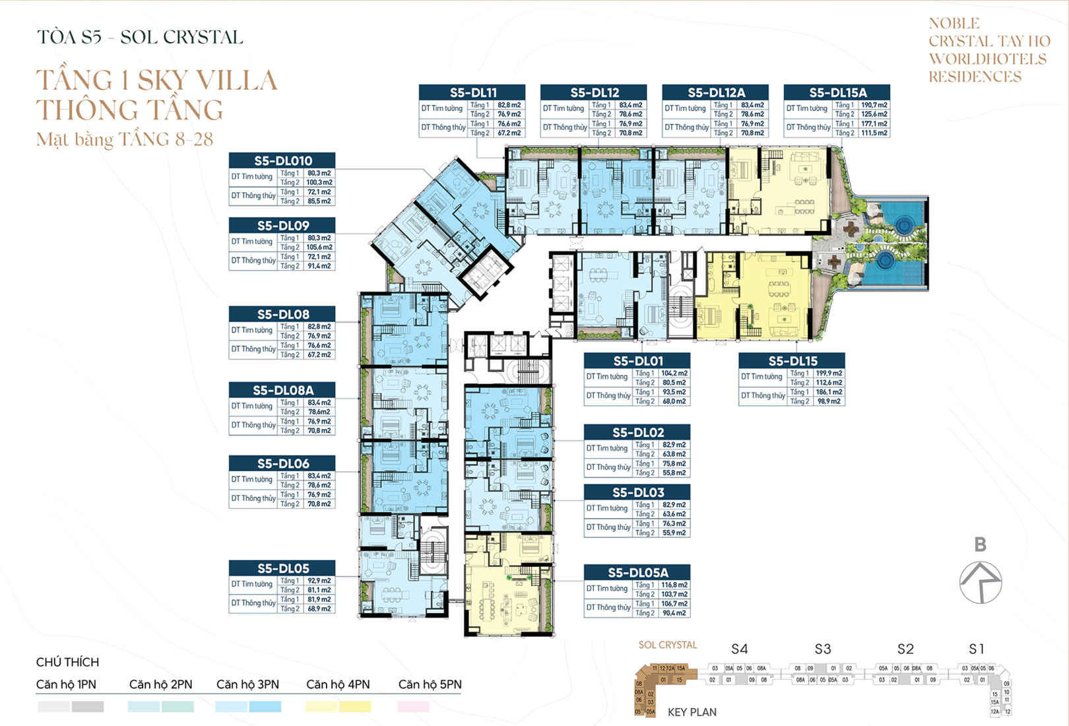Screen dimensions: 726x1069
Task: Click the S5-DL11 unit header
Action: click(x=472, y=92)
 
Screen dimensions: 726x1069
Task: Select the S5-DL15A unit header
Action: click(x=837, y=92)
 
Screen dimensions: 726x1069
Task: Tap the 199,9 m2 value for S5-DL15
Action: click(x=829, y=374)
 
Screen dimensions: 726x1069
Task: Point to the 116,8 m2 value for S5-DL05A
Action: click(x=674, y=585)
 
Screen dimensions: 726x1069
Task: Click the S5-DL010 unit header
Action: click(x=282, y=160)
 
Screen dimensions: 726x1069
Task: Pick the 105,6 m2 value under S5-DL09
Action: click(x=319, y=247)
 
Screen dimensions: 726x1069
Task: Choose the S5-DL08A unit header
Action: click(x=282, y=390)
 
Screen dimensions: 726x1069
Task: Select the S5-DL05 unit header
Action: click(x=282, y=568)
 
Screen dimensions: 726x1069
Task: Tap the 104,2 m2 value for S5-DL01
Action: click(x=674, y=374)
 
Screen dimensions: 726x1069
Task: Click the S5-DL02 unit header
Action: click(x=637, y=432)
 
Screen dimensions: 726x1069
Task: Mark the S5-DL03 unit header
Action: click(x=637, y=492)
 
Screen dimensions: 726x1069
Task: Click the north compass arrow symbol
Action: click(x=981, y=581)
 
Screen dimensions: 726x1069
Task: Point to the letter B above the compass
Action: click(x=981, y=544)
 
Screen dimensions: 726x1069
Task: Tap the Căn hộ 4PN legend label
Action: click(x=338, y=684)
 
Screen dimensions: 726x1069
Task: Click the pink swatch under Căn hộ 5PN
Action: click(x=414, y=707)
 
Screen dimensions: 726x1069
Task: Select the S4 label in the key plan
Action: click(x=739, y=649)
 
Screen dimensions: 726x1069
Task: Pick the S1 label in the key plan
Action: click(x=977, y=649)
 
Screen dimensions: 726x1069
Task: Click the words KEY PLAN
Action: click(x=692, y=712)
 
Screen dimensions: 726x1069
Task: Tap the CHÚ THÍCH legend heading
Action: click(x=67, y=662)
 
